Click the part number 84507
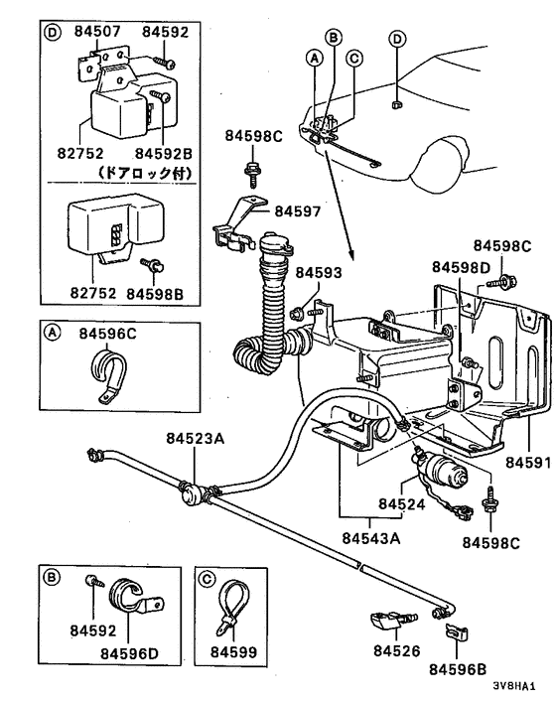(x=95, y=32)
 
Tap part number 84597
(x=298, y=210)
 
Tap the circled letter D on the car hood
(x=397, y=40)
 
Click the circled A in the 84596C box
(x=52, y=335)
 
